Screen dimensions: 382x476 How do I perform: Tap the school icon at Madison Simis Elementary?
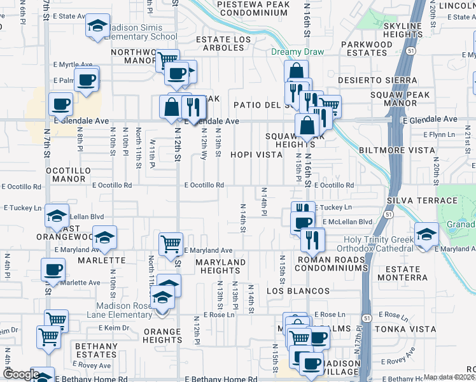pyautogui.click(x=97, y=26)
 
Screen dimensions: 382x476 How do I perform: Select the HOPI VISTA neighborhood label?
pyautogui.click(x=256, y=155)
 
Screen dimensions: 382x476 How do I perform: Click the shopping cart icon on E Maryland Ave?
pyautogui.click(x=171, y=244)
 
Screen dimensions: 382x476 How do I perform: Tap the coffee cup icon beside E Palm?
pyautogui.click(x=87, y=81)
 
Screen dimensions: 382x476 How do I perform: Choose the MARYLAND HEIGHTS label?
pyautogui.click(x=220, y=267)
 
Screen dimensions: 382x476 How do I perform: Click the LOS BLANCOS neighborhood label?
pyautogui.click(x=298, y=291)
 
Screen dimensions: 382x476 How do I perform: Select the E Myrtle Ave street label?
pyautogui.click(x=74, y=64)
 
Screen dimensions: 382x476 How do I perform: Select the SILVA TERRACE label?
pyautogui.click(x=421, y=201)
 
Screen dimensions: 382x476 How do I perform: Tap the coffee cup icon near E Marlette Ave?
pyautogui.click(x=53, y=269)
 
